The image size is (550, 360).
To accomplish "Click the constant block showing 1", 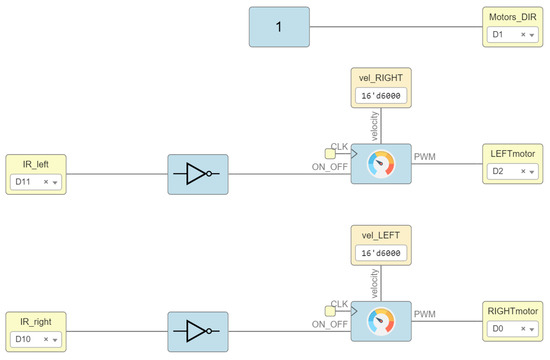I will (x=279, y=26).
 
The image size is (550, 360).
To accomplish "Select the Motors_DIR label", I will (x=513, y=17).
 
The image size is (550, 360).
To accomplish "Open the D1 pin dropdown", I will (x=513, y=35).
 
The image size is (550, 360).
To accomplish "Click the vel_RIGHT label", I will (x=380, y=78).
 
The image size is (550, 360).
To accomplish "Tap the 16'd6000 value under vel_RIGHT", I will (x=380, y=96).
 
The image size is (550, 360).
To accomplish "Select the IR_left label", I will (x=35, y=164).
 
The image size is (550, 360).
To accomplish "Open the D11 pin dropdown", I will (x=36, y=182).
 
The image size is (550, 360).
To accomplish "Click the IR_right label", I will (x=35, y=321).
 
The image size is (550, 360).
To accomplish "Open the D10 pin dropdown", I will (x=36, y=339).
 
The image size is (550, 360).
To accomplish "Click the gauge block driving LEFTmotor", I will (x=380, y=163).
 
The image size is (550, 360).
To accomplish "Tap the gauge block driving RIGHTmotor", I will (x=380, y=320).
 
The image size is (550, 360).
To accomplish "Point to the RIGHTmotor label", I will (x=514, y=311).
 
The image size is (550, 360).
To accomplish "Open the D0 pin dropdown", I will (x=514, y=329).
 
